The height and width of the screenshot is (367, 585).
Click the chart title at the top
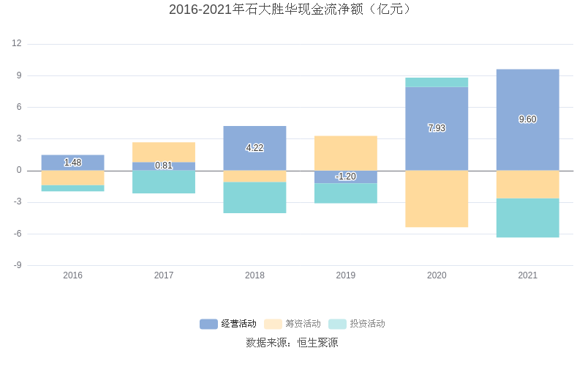click(x=292, y=10)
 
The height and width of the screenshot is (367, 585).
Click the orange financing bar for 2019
click(x=346, y=152)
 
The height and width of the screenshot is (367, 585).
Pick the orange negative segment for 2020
click(x=437, y=199)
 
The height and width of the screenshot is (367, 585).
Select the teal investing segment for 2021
click(x=527, y=218)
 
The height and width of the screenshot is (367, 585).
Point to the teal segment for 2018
click(x=254, y=197)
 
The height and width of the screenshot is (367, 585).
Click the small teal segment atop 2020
click(x=437, y=82)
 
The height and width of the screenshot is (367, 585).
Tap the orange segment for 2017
click(x=164, y=152)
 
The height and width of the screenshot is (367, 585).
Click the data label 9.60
click(x=527, y=119)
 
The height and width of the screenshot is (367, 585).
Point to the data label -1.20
click(x=346, y=177)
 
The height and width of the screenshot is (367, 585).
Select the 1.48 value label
click(x=73, y=163)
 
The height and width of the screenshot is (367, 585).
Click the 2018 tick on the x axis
click(x=254, y=275)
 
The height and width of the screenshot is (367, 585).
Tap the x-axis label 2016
click(x=73, y=275)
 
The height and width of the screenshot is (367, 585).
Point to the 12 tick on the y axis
click(x=17, y=44)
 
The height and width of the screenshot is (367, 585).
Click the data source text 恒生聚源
click(x=317, y=342)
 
